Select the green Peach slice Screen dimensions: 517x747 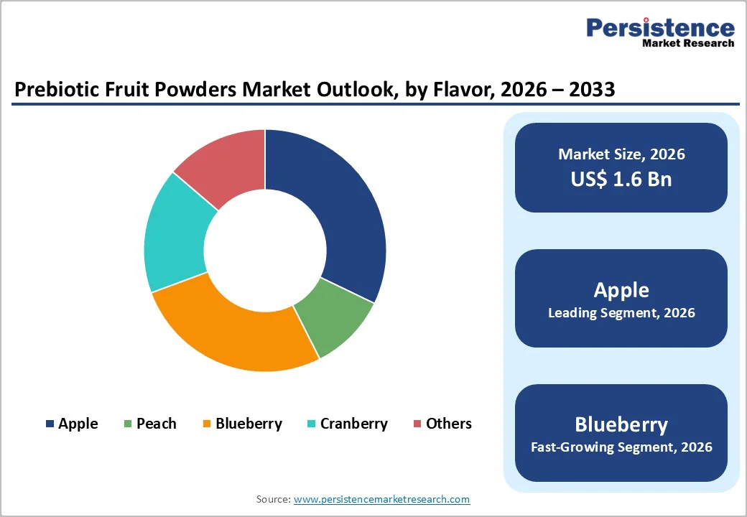[335, 317]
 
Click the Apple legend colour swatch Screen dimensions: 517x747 [50, 424]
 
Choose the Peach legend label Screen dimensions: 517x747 [156, 424]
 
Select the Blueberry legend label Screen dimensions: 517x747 [249, 424]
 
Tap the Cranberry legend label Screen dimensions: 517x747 [353, 424]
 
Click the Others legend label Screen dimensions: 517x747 [448, 424]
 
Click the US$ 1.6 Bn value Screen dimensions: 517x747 [621, 179]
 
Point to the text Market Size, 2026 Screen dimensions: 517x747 [621, 154]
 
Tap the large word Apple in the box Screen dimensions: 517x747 [621, 290]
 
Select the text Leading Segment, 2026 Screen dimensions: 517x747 [621, 313]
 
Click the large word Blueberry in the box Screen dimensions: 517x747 [621, 424]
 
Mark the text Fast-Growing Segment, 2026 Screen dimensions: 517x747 [621, 447]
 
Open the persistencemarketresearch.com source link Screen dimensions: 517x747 [381, 499]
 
